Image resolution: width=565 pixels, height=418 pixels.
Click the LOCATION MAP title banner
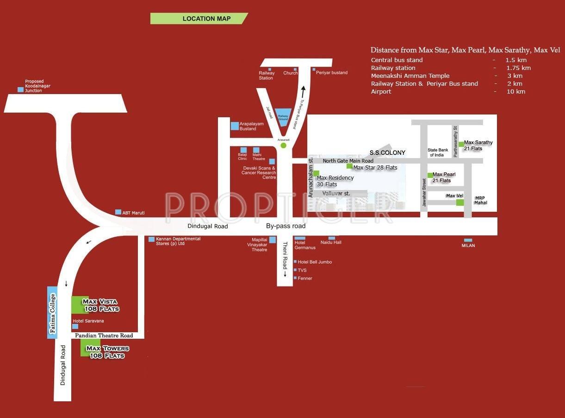(x=199, y=19)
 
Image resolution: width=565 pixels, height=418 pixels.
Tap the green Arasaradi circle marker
(x=284, y=146)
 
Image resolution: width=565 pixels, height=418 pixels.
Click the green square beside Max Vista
(x=80, y=304)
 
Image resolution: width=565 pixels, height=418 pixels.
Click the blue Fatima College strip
(x=52, y=313)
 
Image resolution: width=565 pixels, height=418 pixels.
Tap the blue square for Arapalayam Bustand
(x=235, y=126)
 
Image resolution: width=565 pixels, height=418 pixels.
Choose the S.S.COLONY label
(x=387, y=152)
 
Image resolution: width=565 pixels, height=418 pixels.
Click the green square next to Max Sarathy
(x=461, y=144)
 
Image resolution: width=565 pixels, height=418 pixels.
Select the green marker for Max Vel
(x=460, y=202)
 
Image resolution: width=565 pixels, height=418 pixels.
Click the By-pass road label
(x=286, y=226)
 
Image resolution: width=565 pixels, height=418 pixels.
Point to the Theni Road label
(x=285, y=259)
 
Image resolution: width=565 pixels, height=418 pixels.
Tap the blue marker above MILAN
(x=468, y=240)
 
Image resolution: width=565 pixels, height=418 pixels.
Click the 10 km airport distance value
(x=516, y=92)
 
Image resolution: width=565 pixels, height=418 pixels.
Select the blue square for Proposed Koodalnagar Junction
(x=20, y=89)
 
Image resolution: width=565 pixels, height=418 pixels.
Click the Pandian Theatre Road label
(x=104, y=336)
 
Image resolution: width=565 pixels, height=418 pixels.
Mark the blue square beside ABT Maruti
(x=118, y=212)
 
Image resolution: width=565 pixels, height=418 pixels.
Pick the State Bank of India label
(x=438, y=152)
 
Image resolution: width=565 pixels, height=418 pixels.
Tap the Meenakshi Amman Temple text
(x=410, y=76)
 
